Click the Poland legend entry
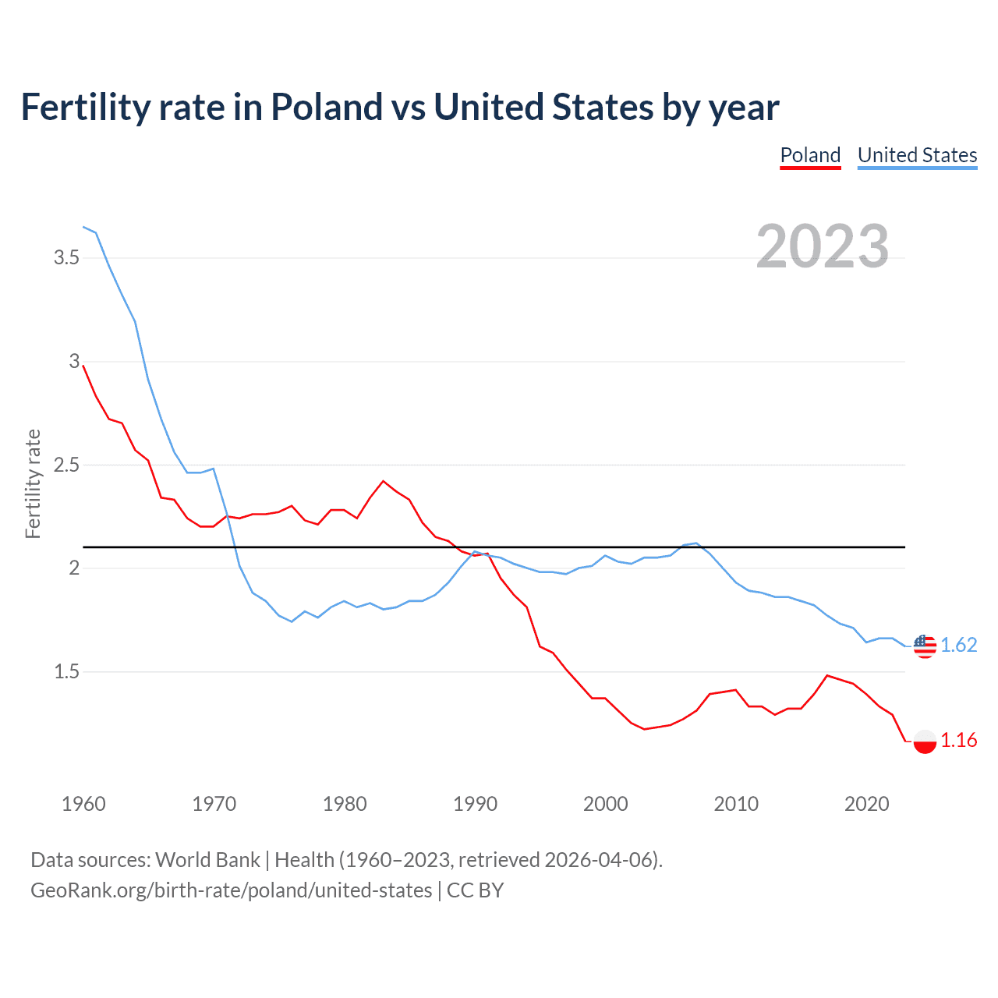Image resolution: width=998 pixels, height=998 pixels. pos(810,155)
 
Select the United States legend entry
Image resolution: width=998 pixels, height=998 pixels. pos(917,155)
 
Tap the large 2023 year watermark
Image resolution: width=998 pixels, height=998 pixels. pos(823,246)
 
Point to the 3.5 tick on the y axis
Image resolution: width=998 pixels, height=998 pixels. pos(66,257)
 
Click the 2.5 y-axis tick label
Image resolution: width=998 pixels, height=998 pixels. pos(66,465)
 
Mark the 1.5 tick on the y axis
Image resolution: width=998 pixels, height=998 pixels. pos(66,671)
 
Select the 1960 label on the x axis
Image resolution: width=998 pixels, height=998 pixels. pos(83,804)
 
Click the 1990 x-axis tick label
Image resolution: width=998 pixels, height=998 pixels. pos(475,804)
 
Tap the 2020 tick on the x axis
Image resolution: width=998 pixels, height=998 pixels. pos(866,804)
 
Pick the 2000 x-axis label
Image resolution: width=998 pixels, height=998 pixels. pos(605,804)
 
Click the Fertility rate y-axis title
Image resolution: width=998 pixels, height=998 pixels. pos(33,483)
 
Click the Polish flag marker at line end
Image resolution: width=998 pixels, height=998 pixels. pos(925,741)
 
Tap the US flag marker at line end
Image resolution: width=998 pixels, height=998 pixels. pos(925,646)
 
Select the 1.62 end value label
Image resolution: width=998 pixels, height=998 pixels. pos(958,645)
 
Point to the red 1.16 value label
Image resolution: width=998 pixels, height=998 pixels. pos(958,740)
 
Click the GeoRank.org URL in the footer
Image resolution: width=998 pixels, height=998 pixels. pos(231,890)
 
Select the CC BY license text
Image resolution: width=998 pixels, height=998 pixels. pos(475,890)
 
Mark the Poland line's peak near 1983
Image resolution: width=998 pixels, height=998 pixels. pos(383,481)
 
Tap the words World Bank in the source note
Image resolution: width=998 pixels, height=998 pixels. pos(207,859)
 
